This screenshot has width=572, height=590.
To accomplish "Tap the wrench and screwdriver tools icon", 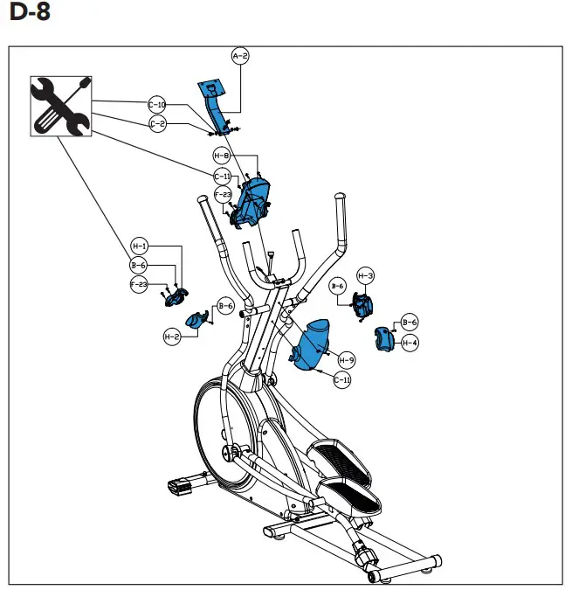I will tap(60, 106).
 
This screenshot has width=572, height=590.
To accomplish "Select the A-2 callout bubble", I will tap(240, 56).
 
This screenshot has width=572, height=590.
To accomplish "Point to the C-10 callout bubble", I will tap(157, 105).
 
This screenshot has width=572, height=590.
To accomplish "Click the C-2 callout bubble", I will tap(157, 124).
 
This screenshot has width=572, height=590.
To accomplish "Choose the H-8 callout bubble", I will tap(223, 156).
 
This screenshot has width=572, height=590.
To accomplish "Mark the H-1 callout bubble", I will tap(140, 246).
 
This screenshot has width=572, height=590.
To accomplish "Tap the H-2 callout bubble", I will tap(172, 336).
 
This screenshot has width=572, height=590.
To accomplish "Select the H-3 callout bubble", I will tap(366, 276).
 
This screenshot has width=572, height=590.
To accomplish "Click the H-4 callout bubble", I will tap(410, 343).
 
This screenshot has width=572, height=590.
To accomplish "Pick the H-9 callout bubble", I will tap(347, 360).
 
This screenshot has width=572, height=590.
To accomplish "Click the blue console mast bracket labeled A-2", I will tap(214, 105).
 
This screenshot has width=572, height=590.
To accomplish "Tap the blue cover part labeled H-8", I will tap(252, 199).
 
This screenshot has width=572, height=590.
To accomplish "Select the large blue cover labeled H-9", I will tap(312, 345).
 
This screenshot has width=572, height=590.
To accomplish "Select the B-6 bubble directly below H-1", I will tap(138, 265).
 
